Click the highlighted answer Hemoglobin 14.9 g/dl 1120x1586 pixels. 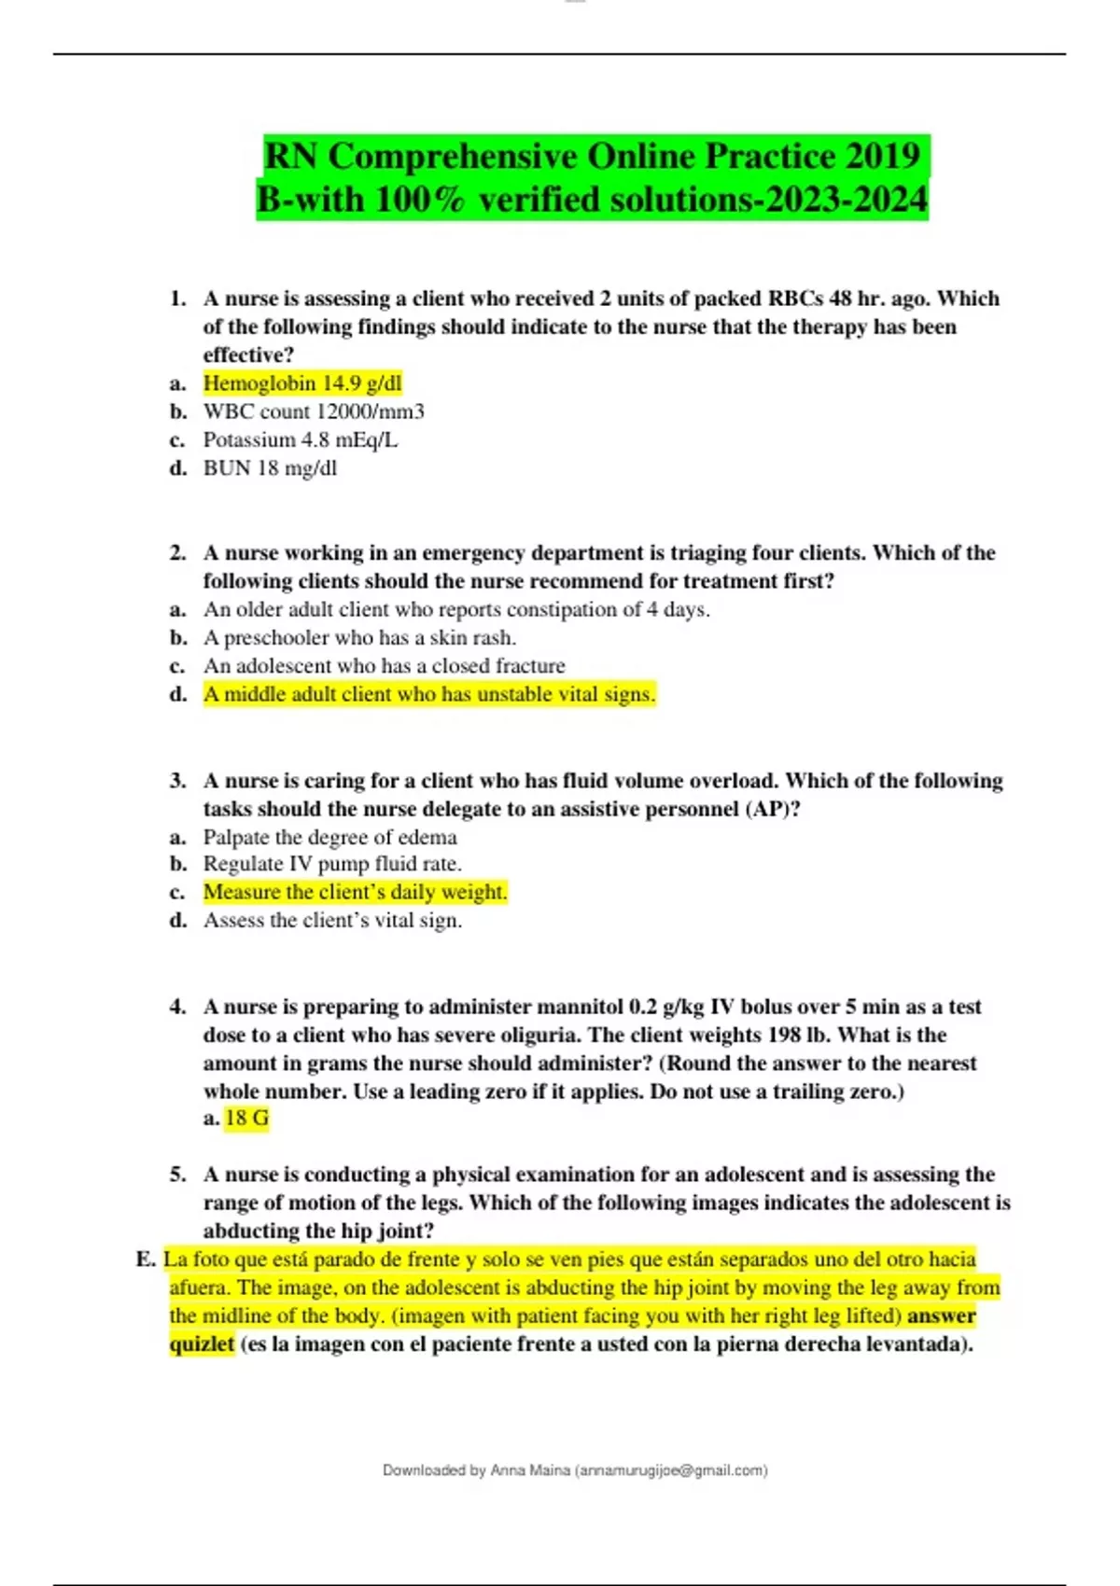pyautogui.click(x=302, y=383)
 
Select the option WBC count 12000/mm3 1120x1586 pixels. pyautogui.click(x=314, y=411)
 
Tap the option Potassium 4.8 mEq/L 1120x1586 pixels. pyautogui.click(x=301, y=439)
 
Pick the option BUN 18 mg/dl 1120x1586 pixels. pyautogui.click(x=270, y=468)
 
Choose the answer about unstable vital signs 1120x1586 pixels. pyautogui.click(x=429, y=694)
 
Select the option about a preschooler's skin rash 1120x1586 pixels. pyautogui.click(x=359, y=638)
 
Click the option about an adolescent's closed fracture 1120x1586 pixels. pyautogui.click(x=384, y=666)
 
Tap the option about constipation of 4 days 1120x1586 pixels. pyautogui.click(x=456, y=610)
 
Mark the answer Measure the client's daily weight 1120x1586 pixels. pyautogui.click(x=355, y=892)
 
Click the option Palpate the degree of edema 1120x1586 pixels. pyautogui.click(x=329, y=837)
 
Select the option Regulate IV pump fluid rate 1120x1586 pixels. pyautogui.click(x=332, y=864)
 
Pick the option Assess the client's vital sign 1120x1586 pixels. pyautogui.click(x=332, y=921)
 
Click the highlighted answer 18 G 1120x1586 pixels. pyautogui.click(x=247, y=1118)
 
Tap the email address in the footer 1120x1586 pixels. pyautogui.click(x=672, y=1470)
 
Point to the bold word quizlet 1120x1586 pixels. pyautogui.click(x=202, y=1344)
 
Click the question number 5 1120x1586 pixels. pyautogui.click(x=177, y=1175)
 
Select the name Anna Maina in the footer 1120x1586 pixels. pyautogui.click(x=530, y=1470)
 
